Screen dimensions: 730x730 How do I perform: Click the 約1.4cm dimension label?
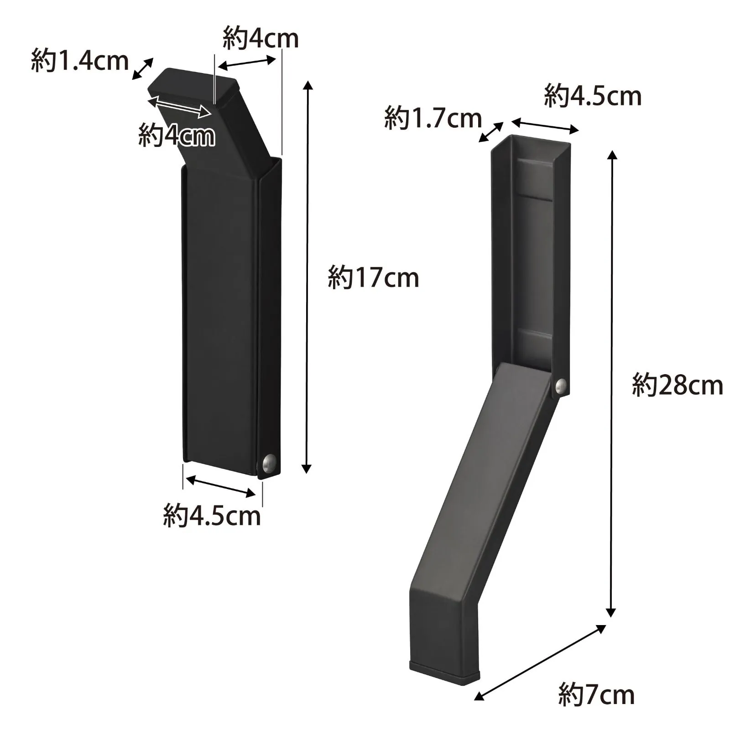80,61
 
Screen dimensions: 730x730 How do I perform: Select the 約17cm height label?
373,277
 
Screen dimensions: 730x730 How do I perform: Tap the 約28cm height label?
678,385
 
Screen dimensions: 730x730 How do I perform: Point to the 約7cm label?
596,694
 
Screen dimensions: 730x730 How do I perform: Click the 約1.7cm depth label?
433,118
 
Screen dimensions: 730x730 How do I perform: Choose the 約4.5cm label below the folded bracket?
212,515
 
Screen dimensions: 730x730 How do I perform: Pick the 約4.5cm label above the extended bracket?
593,95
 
